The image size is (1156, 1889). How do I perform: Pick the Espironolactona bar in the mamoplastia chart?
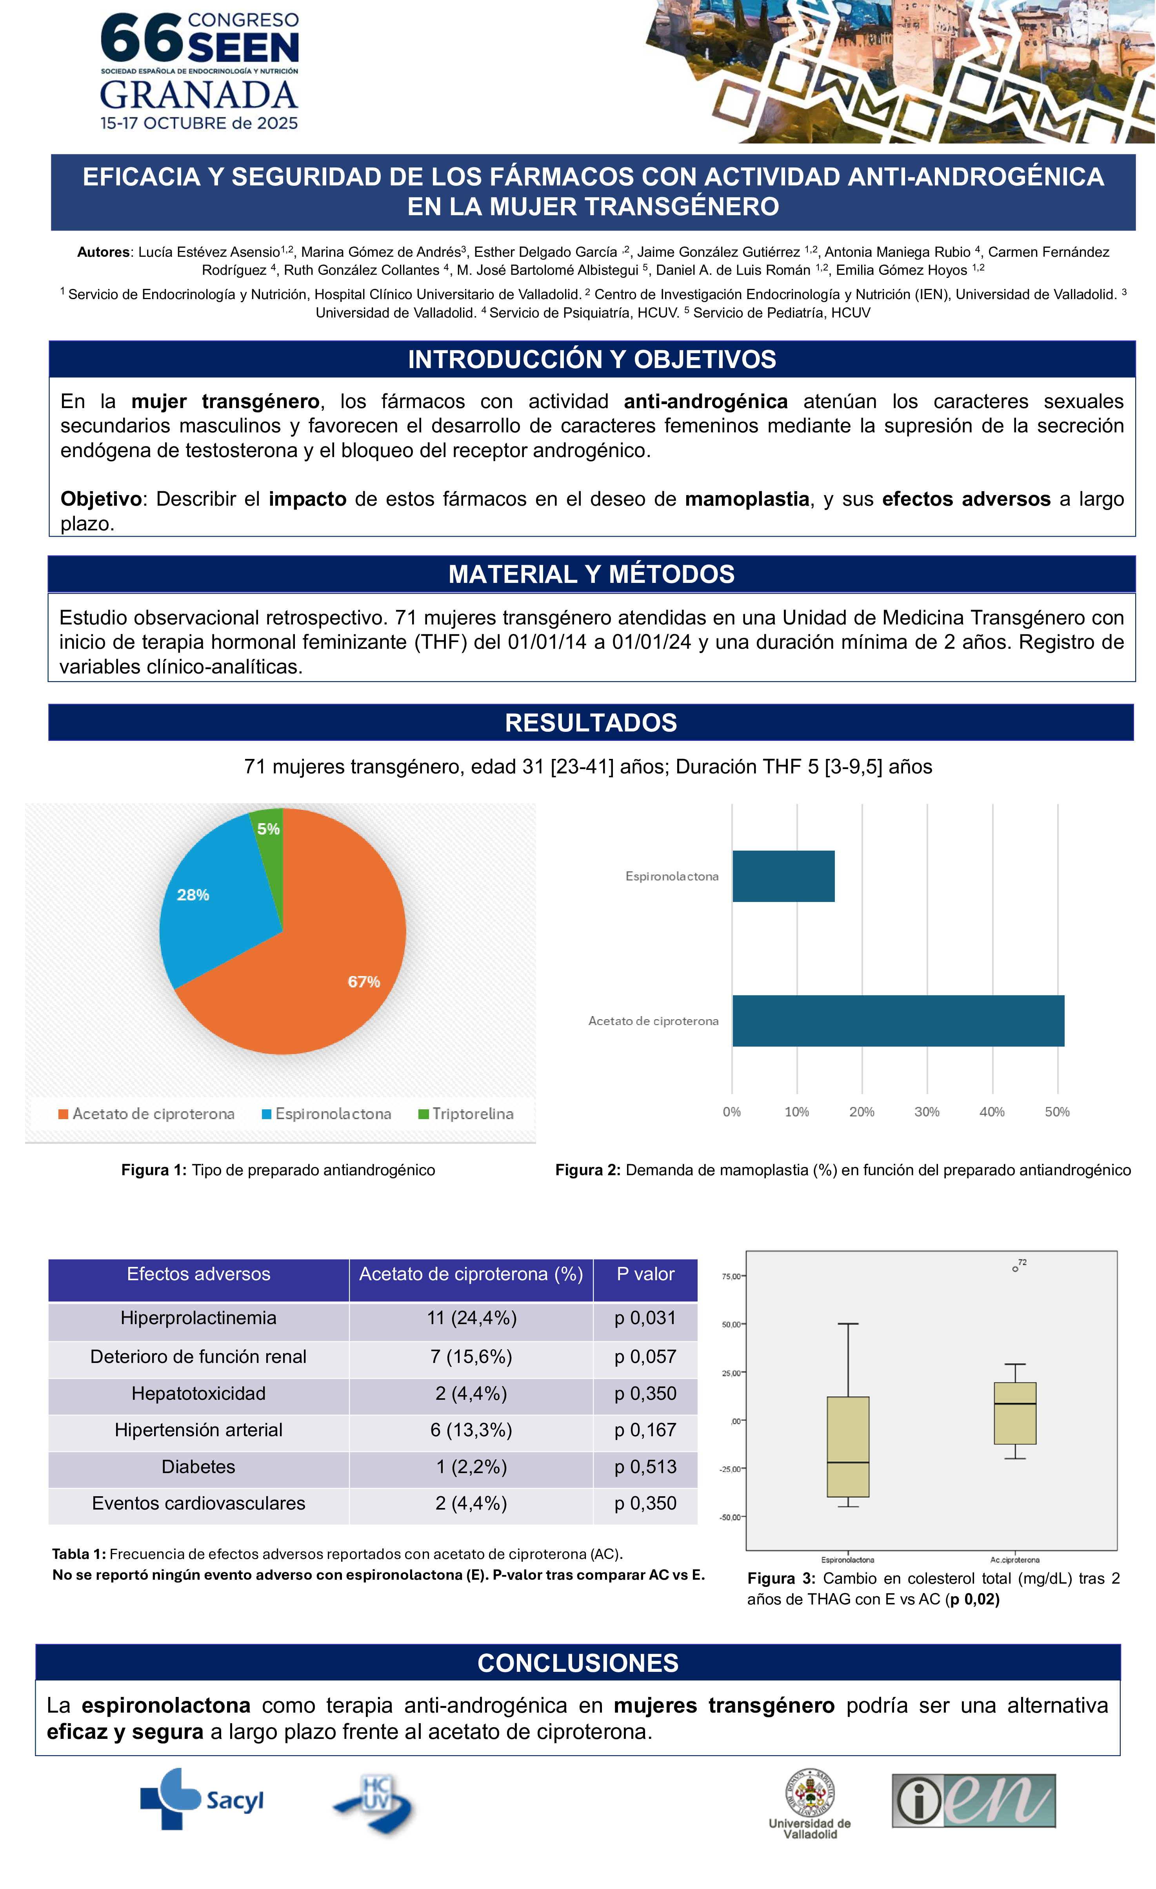pyautogui.click(x=783, y=876)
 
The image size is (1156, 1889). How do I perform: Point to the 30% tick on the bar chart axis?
pyautogui.click(x=927, y=1112)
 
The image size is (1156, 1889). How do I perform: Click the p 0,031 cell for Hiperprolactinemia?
pyautogui.click(x=645, y=1318)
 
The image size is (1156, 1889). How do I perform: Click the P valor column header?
pyautogui.click(x=645, y=1274)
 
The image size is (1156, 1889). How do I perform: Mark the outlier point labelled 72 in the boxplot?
pyautogui.click(x=1015, y=1269)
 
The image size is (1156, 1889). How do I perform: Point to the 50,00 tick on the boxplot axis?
pyautogui.click(x=731, y=1324)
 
